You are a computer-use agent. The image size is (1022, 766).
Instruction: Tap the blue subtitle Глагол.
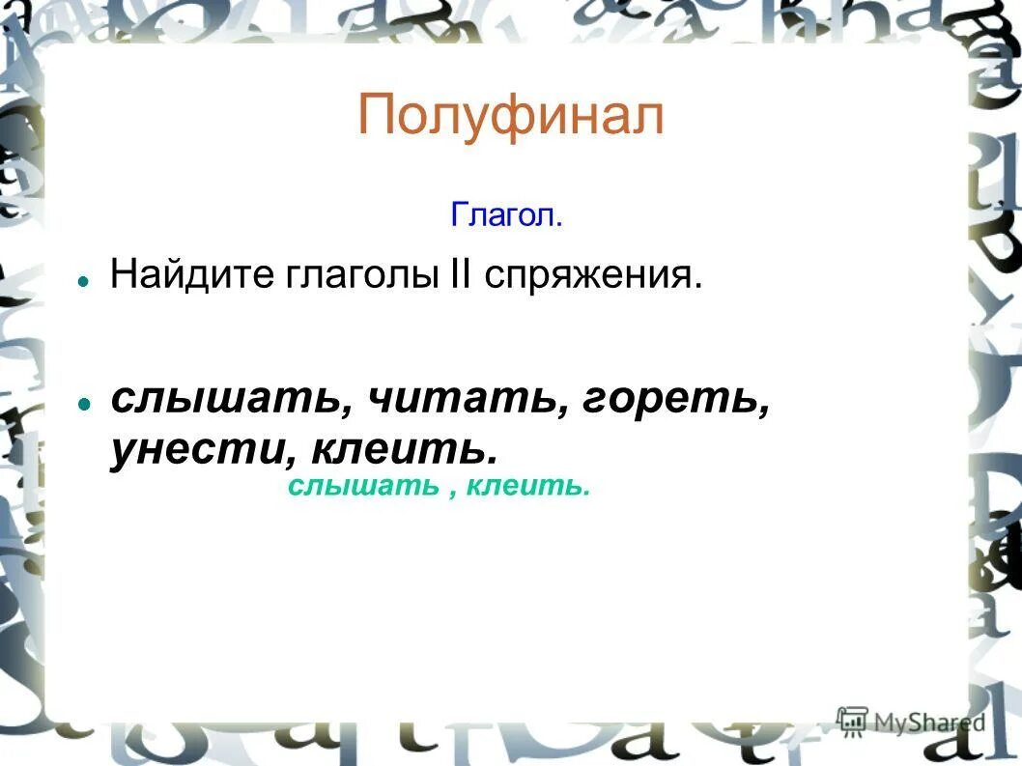coord(506,214)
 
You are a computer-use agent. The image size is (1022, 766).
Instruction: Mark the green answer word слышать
coord(362,486)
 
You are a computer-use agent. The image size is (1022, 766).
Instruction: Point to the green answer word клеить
coord(526,486)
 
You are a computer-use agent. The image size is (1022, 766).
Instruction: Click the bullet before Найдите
coord(84,279)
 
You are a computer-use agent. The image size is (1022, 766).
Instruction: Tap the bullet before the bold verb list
coord(84,403)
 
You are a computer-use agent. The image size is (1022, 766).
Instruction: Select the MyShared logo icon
coord(853,720)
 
